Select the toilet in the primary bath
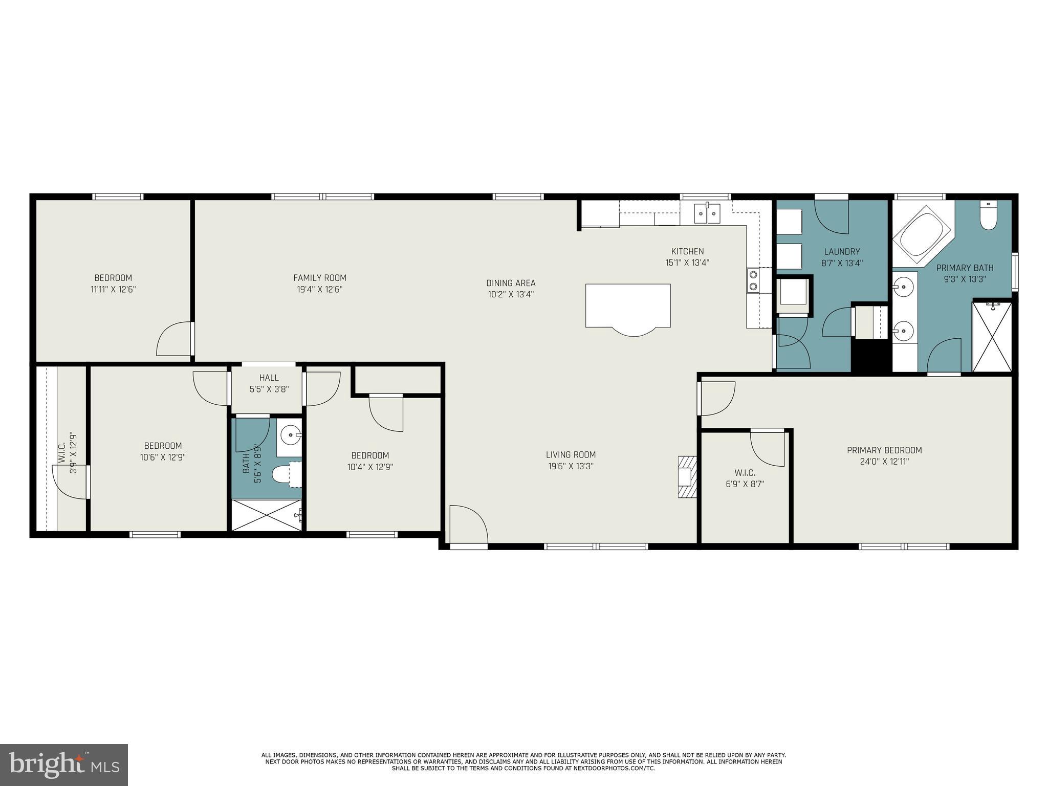click(988, 218)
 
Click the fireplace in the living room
click(687, 477)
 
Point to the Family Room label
click(320, 278)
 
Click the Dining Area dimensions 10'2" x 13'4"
click(511, 294)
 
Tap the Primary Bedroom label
click(884, 450)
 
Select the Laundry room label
click(842, 252)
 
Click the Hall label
click(269, 378)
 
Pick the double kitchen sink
click(707, 213)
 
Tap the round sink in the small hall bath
click(291, 436)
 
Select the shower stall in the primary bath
click(992, 337)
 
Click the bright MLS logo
click(64, 765)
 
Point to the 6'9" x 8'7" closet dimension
click(745, 484)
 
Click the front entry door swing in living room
click(468, 525)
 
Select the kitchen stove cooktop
click(753, 280)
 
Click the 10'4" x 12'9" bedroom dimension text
click(370, 467)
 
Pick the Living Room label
click(571, 454)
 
